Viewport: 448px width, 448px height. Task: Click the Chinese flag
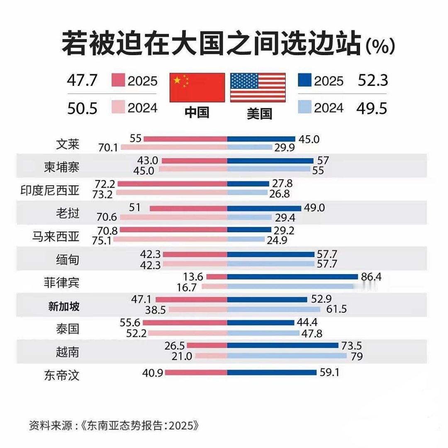tap(197, 88)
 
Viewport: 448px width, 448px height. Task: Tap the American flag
tap(258, 88)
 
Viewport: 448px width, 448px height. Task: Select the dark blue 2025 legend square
tap(304, 80)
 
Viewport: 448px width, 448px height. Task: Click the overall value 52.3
tap(373, 80)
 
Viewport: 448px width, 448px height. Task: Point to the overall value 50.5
tap(82, 109)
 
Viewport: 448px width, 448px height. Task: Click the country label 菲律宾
tap(62, 283)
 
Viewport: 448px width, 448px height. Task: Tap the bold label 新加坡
tap(63, 307)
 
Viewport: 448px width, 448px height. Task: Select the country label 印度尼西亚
tap(50, 190)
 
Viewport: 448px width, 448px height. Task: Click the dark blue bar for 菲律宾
tap(292, 277)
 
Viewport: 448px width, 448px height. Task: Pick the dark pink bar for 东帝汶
tap(196, 373)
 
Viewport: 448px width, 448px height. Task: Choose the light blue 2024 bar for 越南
tap(287, 355)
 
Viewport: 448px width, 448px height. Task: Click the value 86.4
tap(372, 276)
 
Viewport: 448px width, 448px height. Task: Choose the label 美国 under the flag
tap(259, 113)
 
